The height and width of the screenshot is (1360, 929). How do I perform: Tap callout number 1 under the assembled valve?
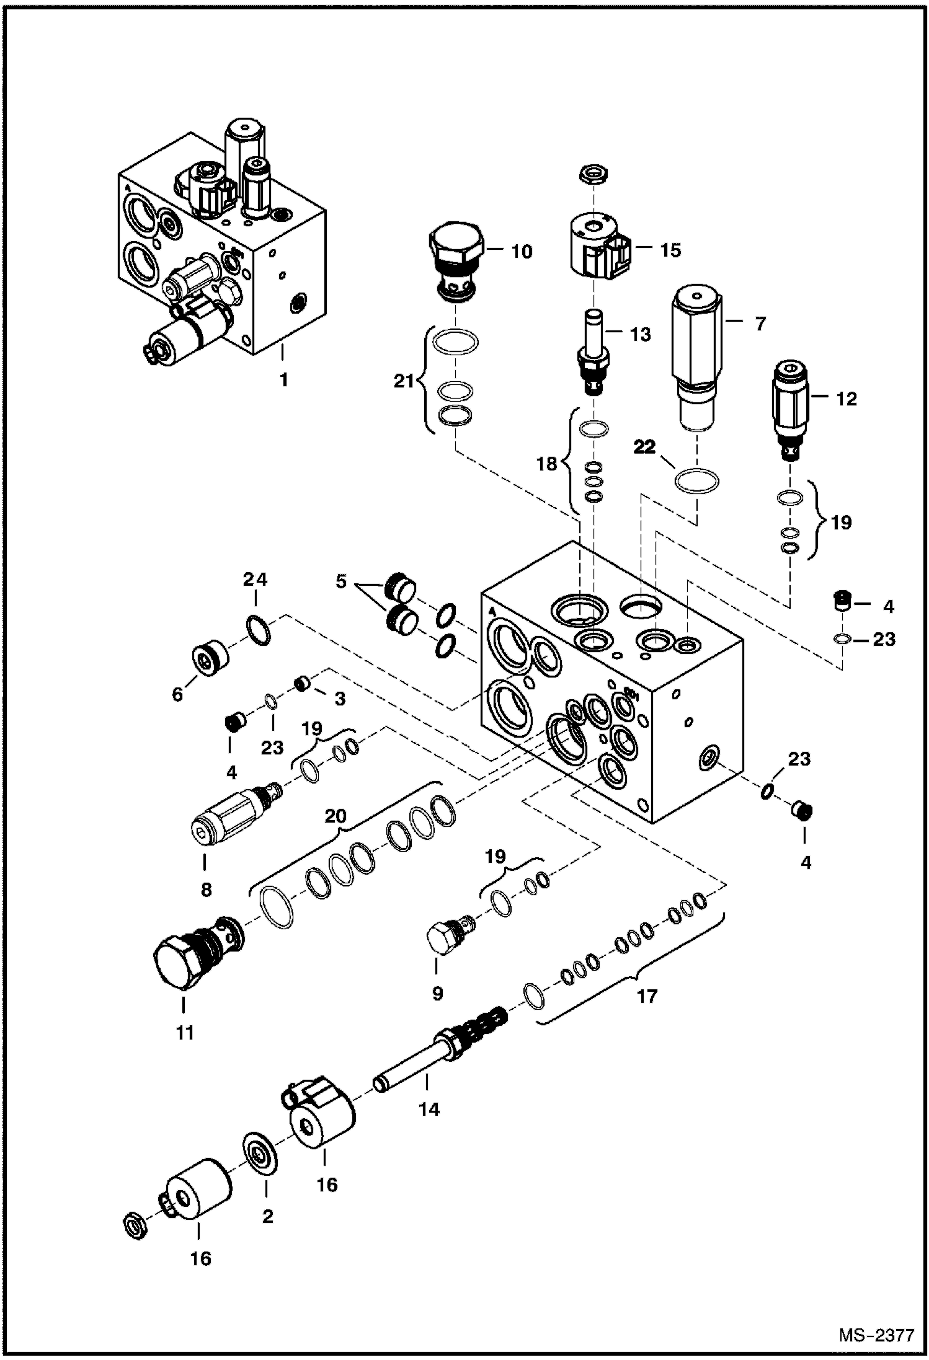tap(283, 379)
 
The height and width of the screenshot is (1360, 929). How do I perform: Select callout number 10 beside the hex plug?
tap(522, 252)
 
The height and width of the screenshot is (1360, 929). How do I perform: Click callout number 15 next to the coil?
tap(670, 250)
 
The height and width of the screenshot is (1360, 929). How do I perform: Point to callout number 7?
tap(761, 323)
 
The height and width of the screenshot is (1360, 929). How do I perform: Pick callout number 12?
tap(846, 399)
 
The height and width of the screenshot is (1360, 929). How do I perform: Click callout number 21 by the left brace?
tap(404, 381)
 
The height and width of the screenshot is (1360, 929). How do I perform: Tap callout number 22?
tap(644, 447)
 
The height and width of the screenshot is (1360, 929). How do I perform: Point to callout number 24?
tap(255, 580)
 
